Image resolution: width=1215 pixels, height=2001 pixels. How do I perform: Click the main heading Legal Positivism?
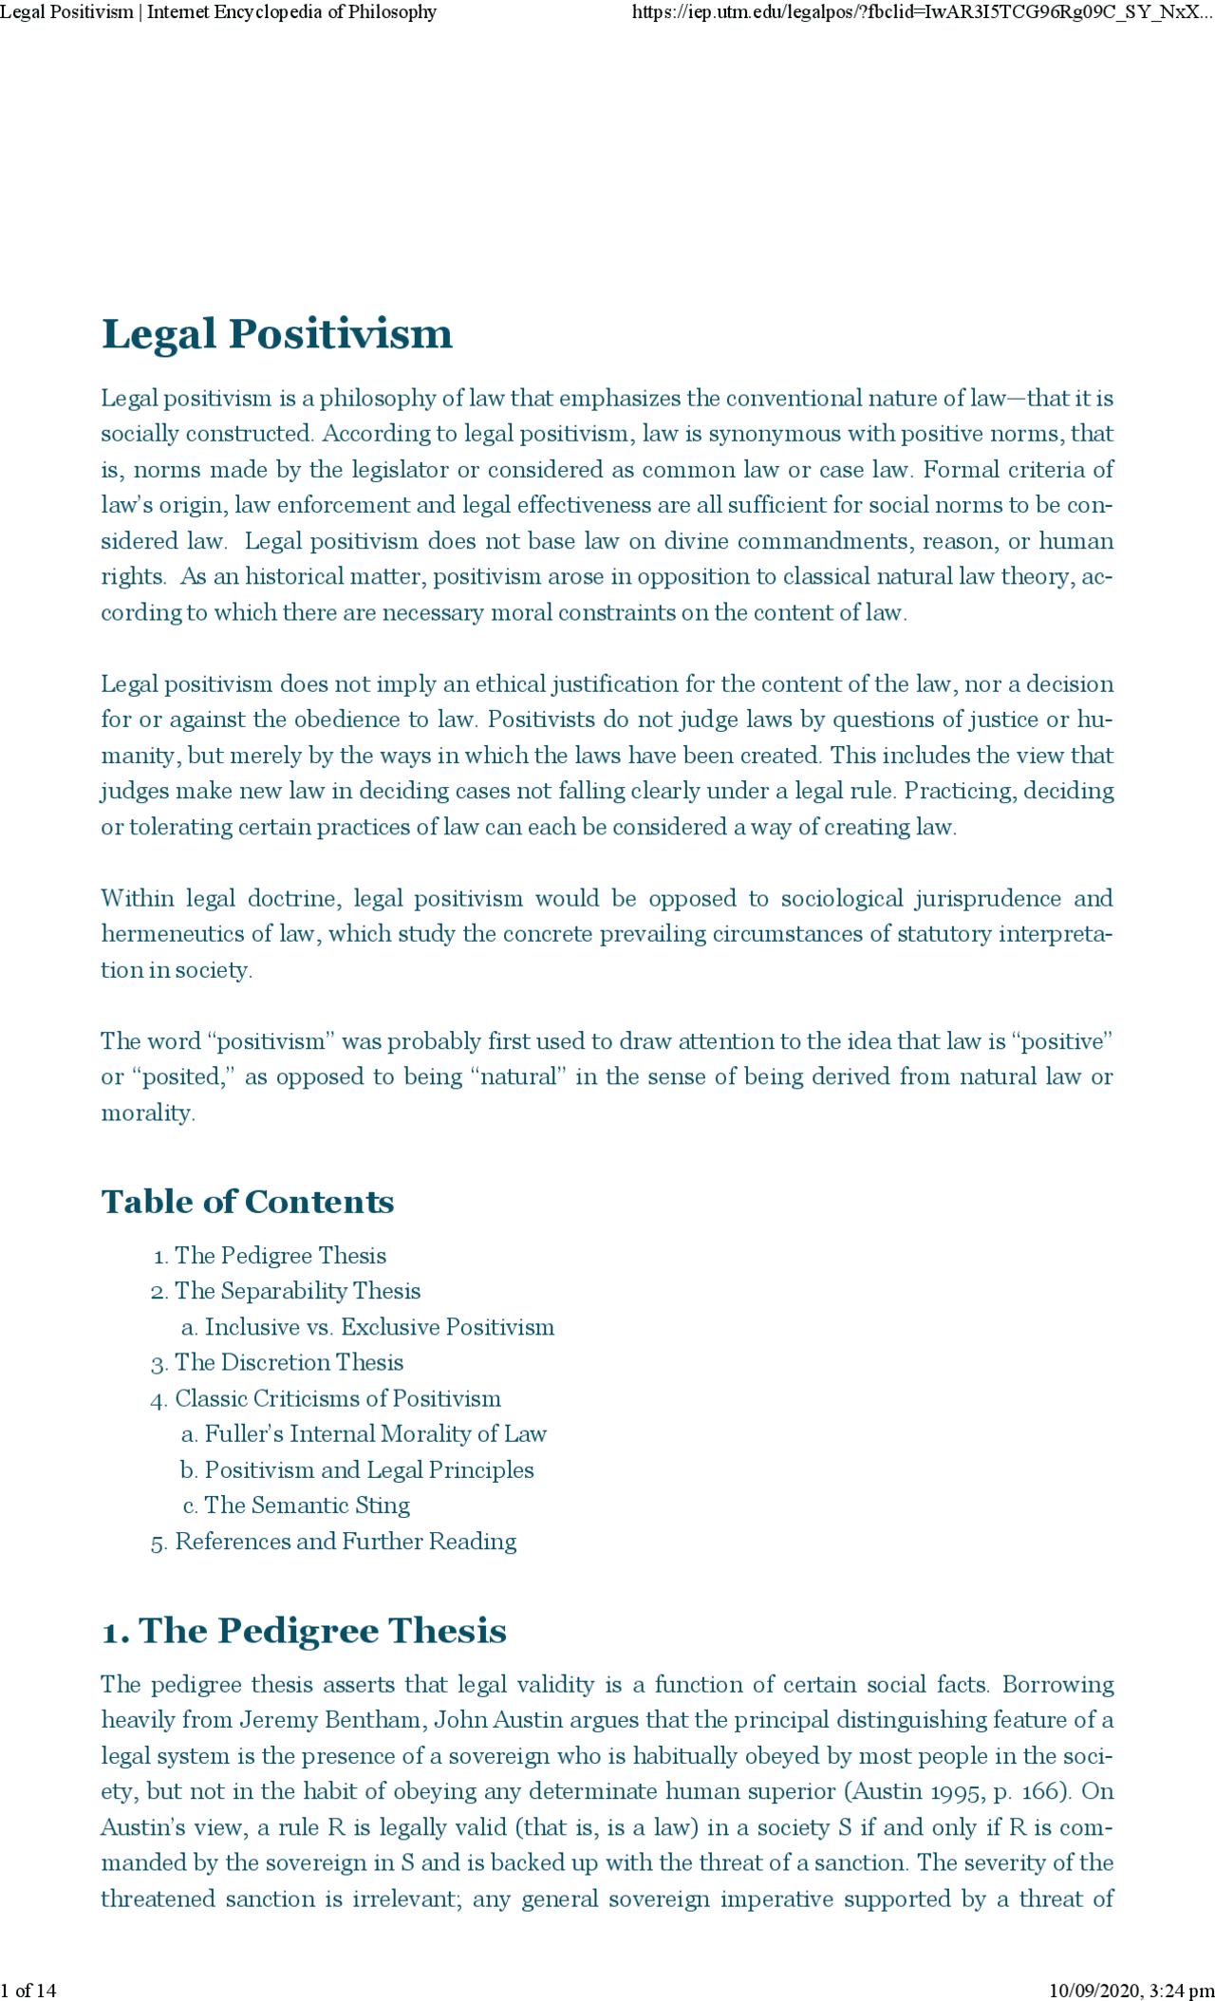coord(276,334)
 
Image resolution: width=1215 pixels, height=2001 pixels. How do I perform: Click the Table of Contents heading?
coord(247,1202)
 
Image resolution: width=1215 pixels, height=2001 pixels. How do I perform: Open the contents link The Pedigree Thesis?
coord(280,1256)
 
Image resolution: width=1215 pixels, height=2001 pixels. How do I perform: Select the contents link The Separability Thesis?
coord(297,1291)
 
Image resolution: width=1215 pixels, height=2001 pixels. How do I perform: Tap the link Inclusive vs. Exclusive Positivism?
coord(379,1327)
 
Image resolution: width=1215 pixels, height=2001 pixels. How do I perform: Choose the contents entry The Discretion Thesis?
coord(289,1363)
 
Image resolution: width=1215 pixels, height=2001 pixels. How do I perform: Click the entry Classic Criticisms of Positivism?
coord(337,1398)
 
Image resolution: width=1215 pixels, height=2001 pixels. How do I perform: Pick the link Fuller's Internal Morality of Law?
coord(375,1434)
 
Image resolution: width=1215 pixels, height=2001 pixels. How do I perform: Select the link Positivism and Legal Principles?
coord(369,1470)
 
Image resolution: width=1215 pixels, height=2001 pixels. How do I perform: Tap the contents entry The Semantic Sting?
coord(307,1505)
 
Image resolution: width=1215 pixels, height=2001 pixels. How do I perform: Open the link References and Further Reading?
coord(346,1542)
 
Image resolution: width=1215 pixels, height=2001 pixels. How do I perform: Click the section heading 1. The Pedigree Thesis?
coord(304,1631)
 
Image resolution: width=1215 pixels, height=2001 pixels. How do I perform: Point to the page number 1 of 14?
coord(28,1991)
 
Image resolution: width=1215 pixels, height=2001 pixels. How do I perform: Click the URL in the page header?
coord(922,12)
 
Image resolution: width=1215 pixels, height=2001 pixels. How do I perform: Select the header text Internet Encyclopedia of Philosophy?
coord(291,12)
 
